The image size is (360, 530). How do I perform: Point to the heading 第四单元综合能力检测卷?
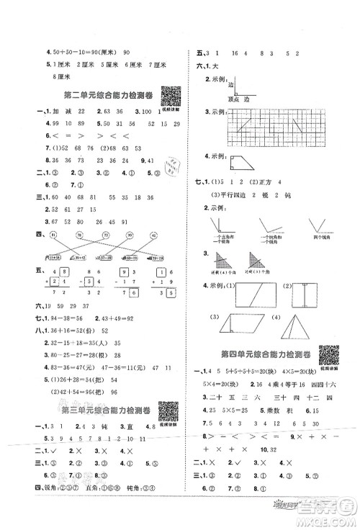tap(266, 355)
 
